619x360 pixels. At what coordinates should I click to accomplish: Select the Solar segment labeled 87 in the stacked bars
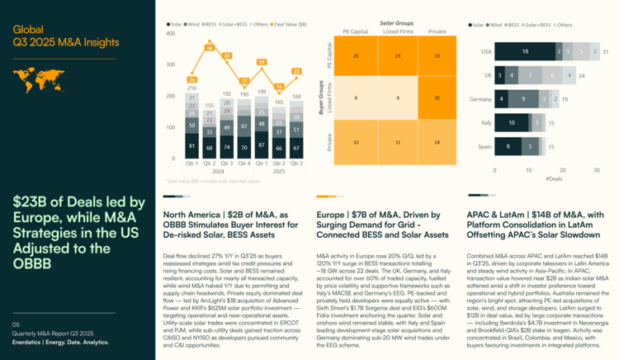[x=260, y=144]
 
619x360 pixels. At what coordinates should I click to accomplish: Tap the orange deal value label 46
[x=209, y=47]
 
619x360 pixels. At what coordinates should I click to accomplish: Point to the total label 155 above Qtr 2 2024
[x=209, y=107]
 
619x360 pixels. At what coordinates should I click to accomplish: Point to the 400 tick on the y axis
[x=171, y=33]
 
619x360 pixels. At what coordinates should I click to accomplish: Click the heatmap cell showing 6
[x=355, y=97]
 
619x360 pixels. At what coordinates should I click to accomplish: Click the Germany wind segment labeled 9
[x=523, y=98]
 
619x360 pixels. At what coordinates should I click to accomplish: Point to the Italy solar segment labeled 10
[x=512, y=122]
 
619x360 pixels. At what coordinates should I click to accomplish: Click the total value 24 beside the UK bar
[x=581, y=75]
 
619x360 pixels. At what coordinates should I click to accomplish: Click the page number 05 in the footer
[x=17, y=325]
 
